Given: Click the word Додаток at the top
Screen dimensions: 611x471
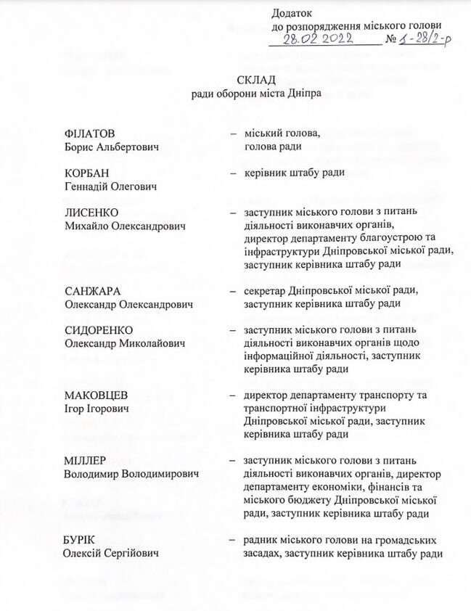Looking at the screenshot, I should click(x=291, y=12).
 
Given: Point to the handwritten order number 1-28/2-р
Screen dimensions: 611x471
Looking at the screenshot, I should click(x=422, y=39).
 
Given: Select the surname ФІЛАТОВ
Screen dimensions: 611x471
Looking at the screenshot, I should click(x=90, y=134).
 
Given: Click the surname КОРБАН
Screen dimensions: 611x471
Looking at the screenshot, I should click(x=86, y=173).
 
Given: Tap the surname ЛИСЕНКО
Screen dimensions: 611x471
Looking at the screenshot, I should click(x=89, y=213).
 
